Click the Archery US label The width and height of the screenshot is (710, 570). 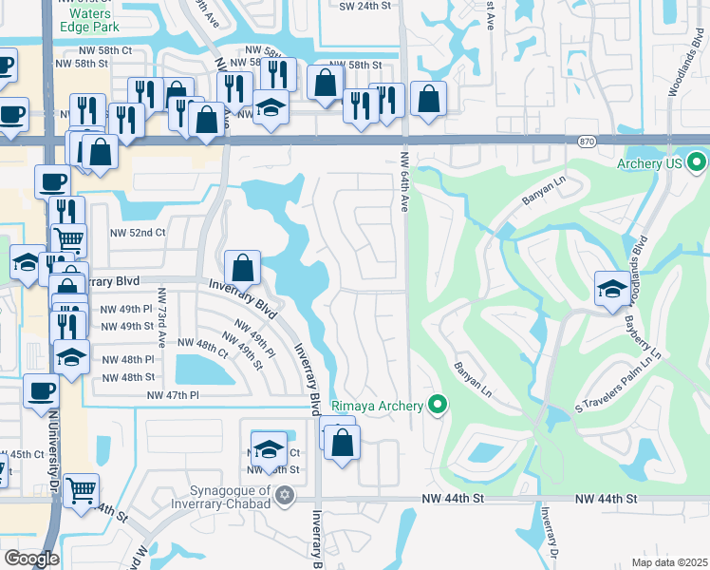[650, 163]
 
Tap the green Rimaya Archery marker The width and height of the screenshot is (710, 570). [438, 407]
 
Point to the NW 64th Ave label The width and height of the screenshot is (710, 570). [404, 180]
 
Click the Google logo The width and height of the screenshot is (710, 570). [31, 559]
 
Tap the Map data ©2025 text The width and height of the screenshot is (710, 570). [668, 562]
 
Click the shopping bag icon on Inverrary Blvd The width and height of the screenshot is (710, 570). [243, 269]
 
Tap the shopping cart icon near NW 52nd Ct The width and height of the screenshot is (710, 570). [69, 243]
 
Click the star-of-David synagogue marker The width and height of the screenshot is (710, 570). [284, 497]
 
